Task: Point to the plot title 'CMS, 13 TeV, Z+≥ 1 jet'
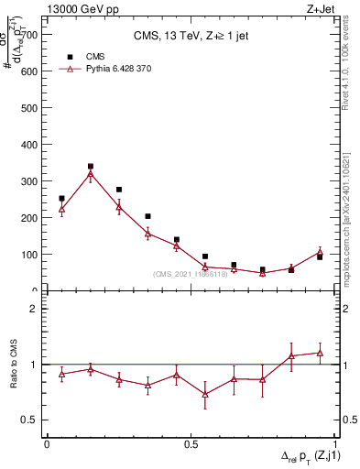coord(191,37)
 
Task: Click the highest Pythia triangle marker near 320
coord(90,174)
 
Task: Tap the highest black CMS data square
coord(90,167)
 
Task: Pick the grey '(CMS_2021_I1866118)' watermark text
coord(191,274)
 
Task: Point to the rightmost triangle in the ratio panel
coord(321,353)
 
